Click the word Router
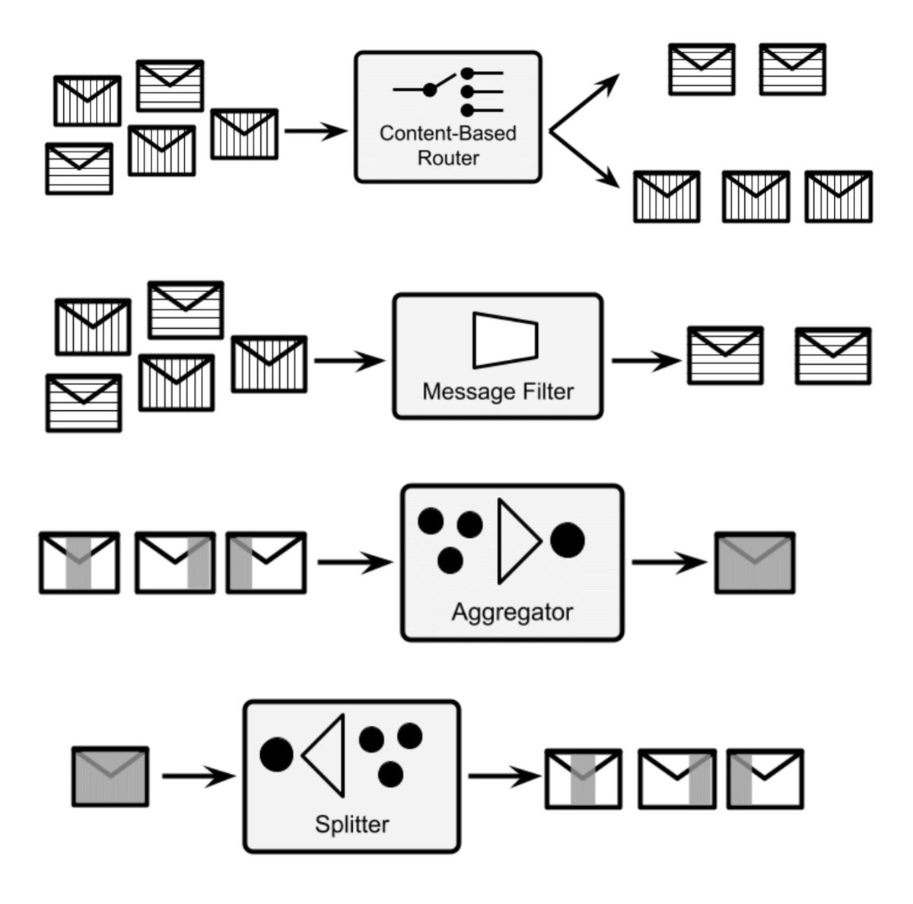(x=449, y=158)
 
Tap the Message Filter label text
(x=498, y=392)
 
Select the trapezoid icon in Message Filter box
(x=504, y=340)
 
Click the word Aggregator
(x=512, y=612)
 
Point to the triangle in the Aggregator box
(x=517, y=541)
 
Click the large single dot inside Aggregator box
(x=568, y=540)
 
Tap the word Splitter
(x=352, y=824)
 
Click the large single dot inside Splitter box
(x=277, y=754)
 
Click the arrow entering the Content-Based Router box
(x=315, y=132)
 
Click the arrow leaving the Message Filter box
(x=647, y=361)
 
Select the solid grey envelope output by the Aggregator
(x=755, y=563)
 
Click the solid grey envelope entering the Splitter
(x=110, y=776)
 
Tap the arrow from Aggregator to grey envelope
(x=670, y=563)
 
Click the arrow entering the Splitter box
(x=199, y=776)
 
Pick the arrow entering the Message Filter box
(x=350, y=361)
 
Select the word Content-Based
(x=448, y=133)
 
